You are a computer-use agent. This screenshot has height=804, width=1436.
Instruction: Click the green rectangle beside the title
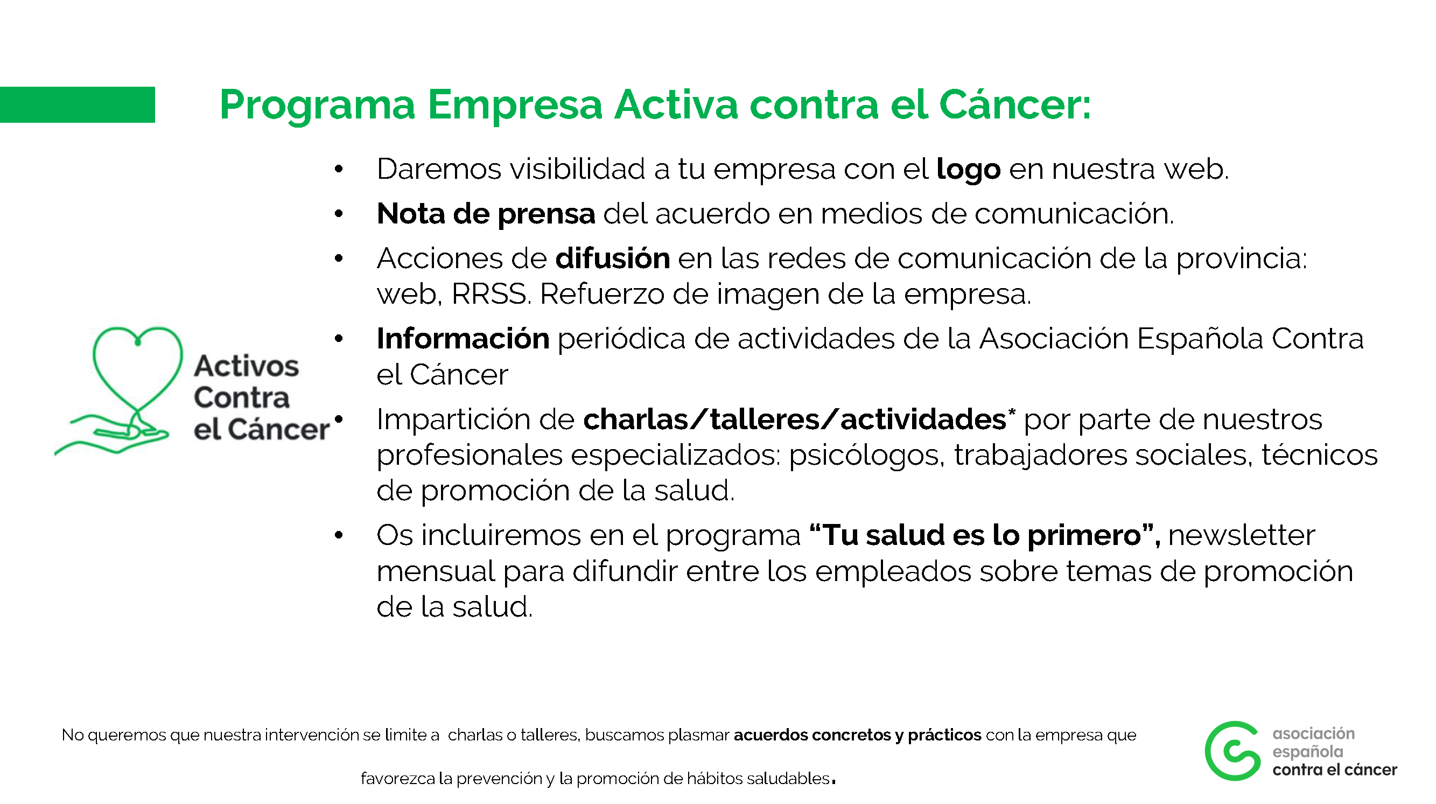[x=77, y=104]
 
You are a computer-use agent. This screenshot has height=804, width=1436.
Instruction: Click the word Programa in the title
[x=318, y=106]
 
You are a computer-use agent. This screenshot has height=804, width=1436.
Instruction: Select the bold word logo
[x=968, y=170]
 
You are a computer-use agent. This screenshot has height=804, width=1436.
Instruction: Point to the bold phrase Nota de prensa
[x=486, y=214]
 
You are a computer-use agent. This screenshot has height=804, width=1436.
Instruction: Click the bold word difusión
[x=613, y=258]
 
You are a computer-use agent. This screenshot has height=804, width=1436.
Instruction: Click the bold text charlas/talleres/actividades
[x=795, y=420]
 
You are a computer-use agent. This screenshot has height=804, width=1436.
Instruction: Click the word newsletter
[x=1242, y=535]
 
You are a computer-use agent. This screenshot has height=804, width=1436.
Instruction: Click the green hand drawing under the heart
[x=111, y=435]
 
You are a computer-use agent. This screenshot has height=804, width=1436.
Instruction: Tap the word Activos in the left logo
[x=247, y=366]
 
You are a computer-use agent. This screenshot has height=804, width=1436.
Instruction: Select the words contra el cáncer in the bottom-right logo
[x=1335, y=770]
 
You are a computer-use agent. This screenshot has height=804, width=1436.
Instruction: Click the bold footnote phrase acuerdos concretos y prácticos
[x=857, y=736]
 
